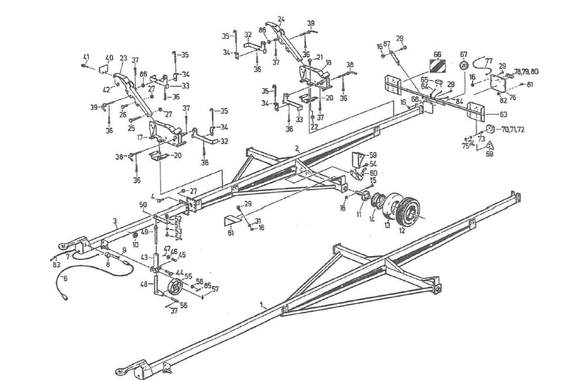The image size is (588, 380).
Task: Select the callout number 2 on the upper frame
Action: click(x=296, y=149)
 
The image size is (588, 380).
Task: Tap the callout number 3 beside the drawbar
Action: click(x=115, y=220)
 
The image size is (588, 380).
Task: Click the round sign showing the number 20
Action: click(x=464, y=66)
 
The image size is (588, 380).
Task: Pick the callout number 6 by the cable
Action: click(x=65, y=277)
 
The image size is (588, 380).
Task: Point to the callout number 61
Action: click(x=231, y=233)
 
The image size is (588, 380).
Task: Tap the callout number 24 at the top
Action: click(x=281, y=19)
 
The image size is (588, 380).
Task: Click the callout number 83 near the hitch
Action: click(x=56, y=265)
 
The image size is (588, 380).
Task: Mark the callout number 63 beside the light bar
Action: click(x=503, y=115)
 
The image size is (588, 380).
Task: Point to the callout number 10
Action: click(x=135, y=244)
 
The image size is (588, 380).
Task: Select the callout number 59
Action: click(x=373, y=155)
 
